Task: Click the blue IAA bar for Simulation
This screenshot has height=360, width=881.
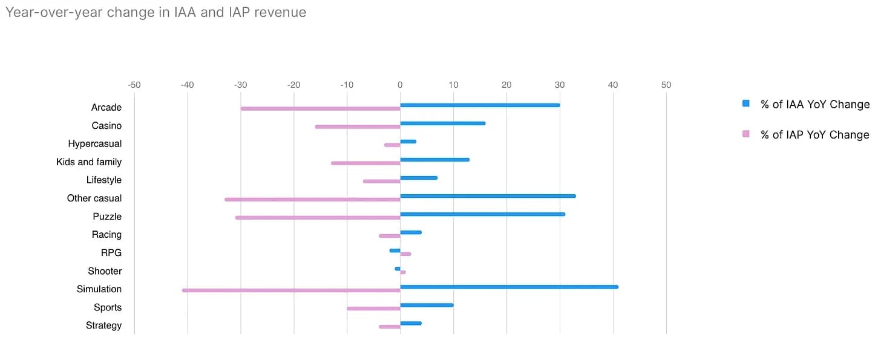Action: point(509,287)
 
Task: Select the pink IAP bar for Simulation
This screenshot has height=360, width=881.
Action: point(291,290)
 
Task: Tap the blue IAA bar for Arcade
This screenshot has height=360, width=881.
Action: point(480,105)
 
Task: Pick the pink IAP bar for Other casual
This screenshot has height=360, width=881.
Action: point(312,200)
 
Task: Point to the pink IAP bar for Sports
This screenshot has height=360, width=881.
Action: point(373,309)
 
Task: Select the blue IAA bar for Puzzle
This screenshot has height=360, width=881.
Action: point(482,214)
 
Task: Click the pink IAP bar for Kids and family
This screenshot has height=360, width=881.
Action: point(365,163)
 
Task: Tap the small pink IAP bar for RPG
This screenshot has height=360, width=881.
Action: point(405,254)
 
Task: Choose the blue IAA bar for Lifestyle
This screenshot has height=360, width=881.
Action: point(419,178)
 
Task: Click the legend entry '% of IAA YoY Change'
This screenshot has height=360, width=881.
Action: point(814,104)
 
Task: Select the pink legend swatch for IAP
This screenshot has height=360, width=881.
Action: point(746,134)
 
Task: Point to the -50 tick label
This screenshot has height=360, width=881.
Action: point(134,85)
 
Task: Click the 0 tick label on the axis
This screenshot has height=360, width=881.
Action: point(400,85)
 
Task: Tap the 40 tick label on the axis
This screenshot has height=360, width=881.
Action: point(613,85)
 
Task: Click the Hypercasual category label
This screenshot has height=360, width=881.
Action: point(94,144)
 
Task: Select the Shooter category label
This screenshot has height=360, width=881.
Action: point(105,271)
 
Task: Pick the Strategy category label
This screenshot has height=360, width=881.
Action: point(103,326)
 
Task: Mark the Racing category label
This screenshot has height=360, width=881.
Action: point(106,235)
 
